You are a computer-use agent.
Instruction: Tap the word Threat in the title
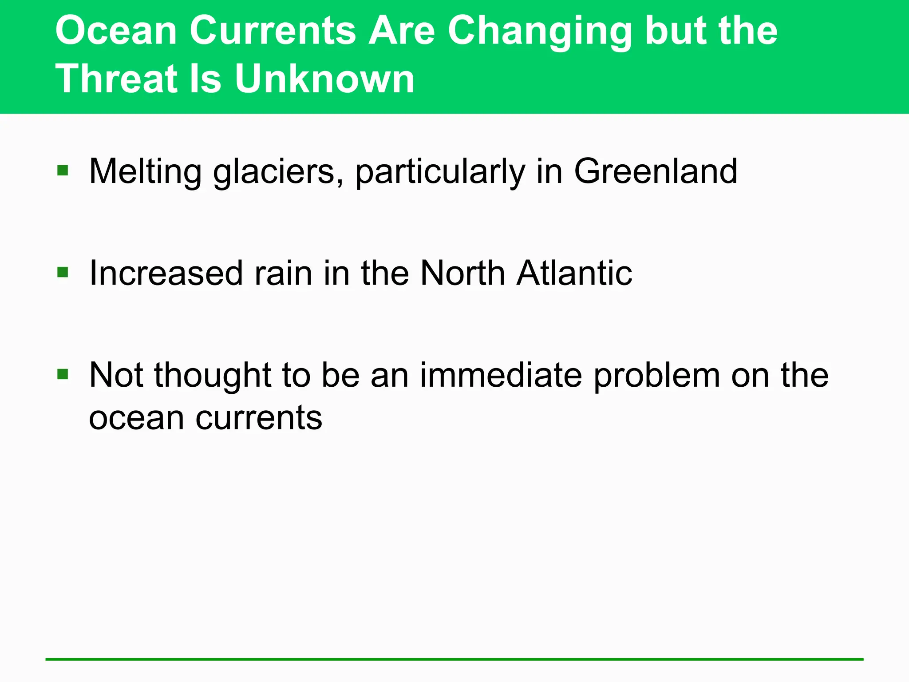(x=115, y=79)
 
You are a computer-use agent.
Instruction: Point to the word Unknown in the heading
(x=324, y=79)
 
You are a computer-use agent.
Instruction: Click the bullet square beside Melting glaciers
(x=63, y=170)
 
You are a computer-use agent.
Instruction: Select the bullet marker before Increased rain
(x=63, y=272)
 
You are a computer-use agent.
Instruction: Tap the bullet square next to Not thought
(x=63, y=374)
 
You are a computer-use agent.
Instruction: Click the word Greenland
(x=656, y=171)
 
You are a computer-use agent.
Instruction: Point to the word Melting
(x=146, y=172)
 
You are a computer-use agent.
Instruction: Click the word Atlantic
(x=574, y=273)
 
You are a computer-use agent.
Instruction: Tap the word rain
(x=283, y=273)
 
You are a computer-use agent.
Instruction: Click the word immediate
(x=501, y=375)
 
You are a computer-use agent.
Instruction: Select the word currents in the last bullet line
(x=259, y=418)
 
